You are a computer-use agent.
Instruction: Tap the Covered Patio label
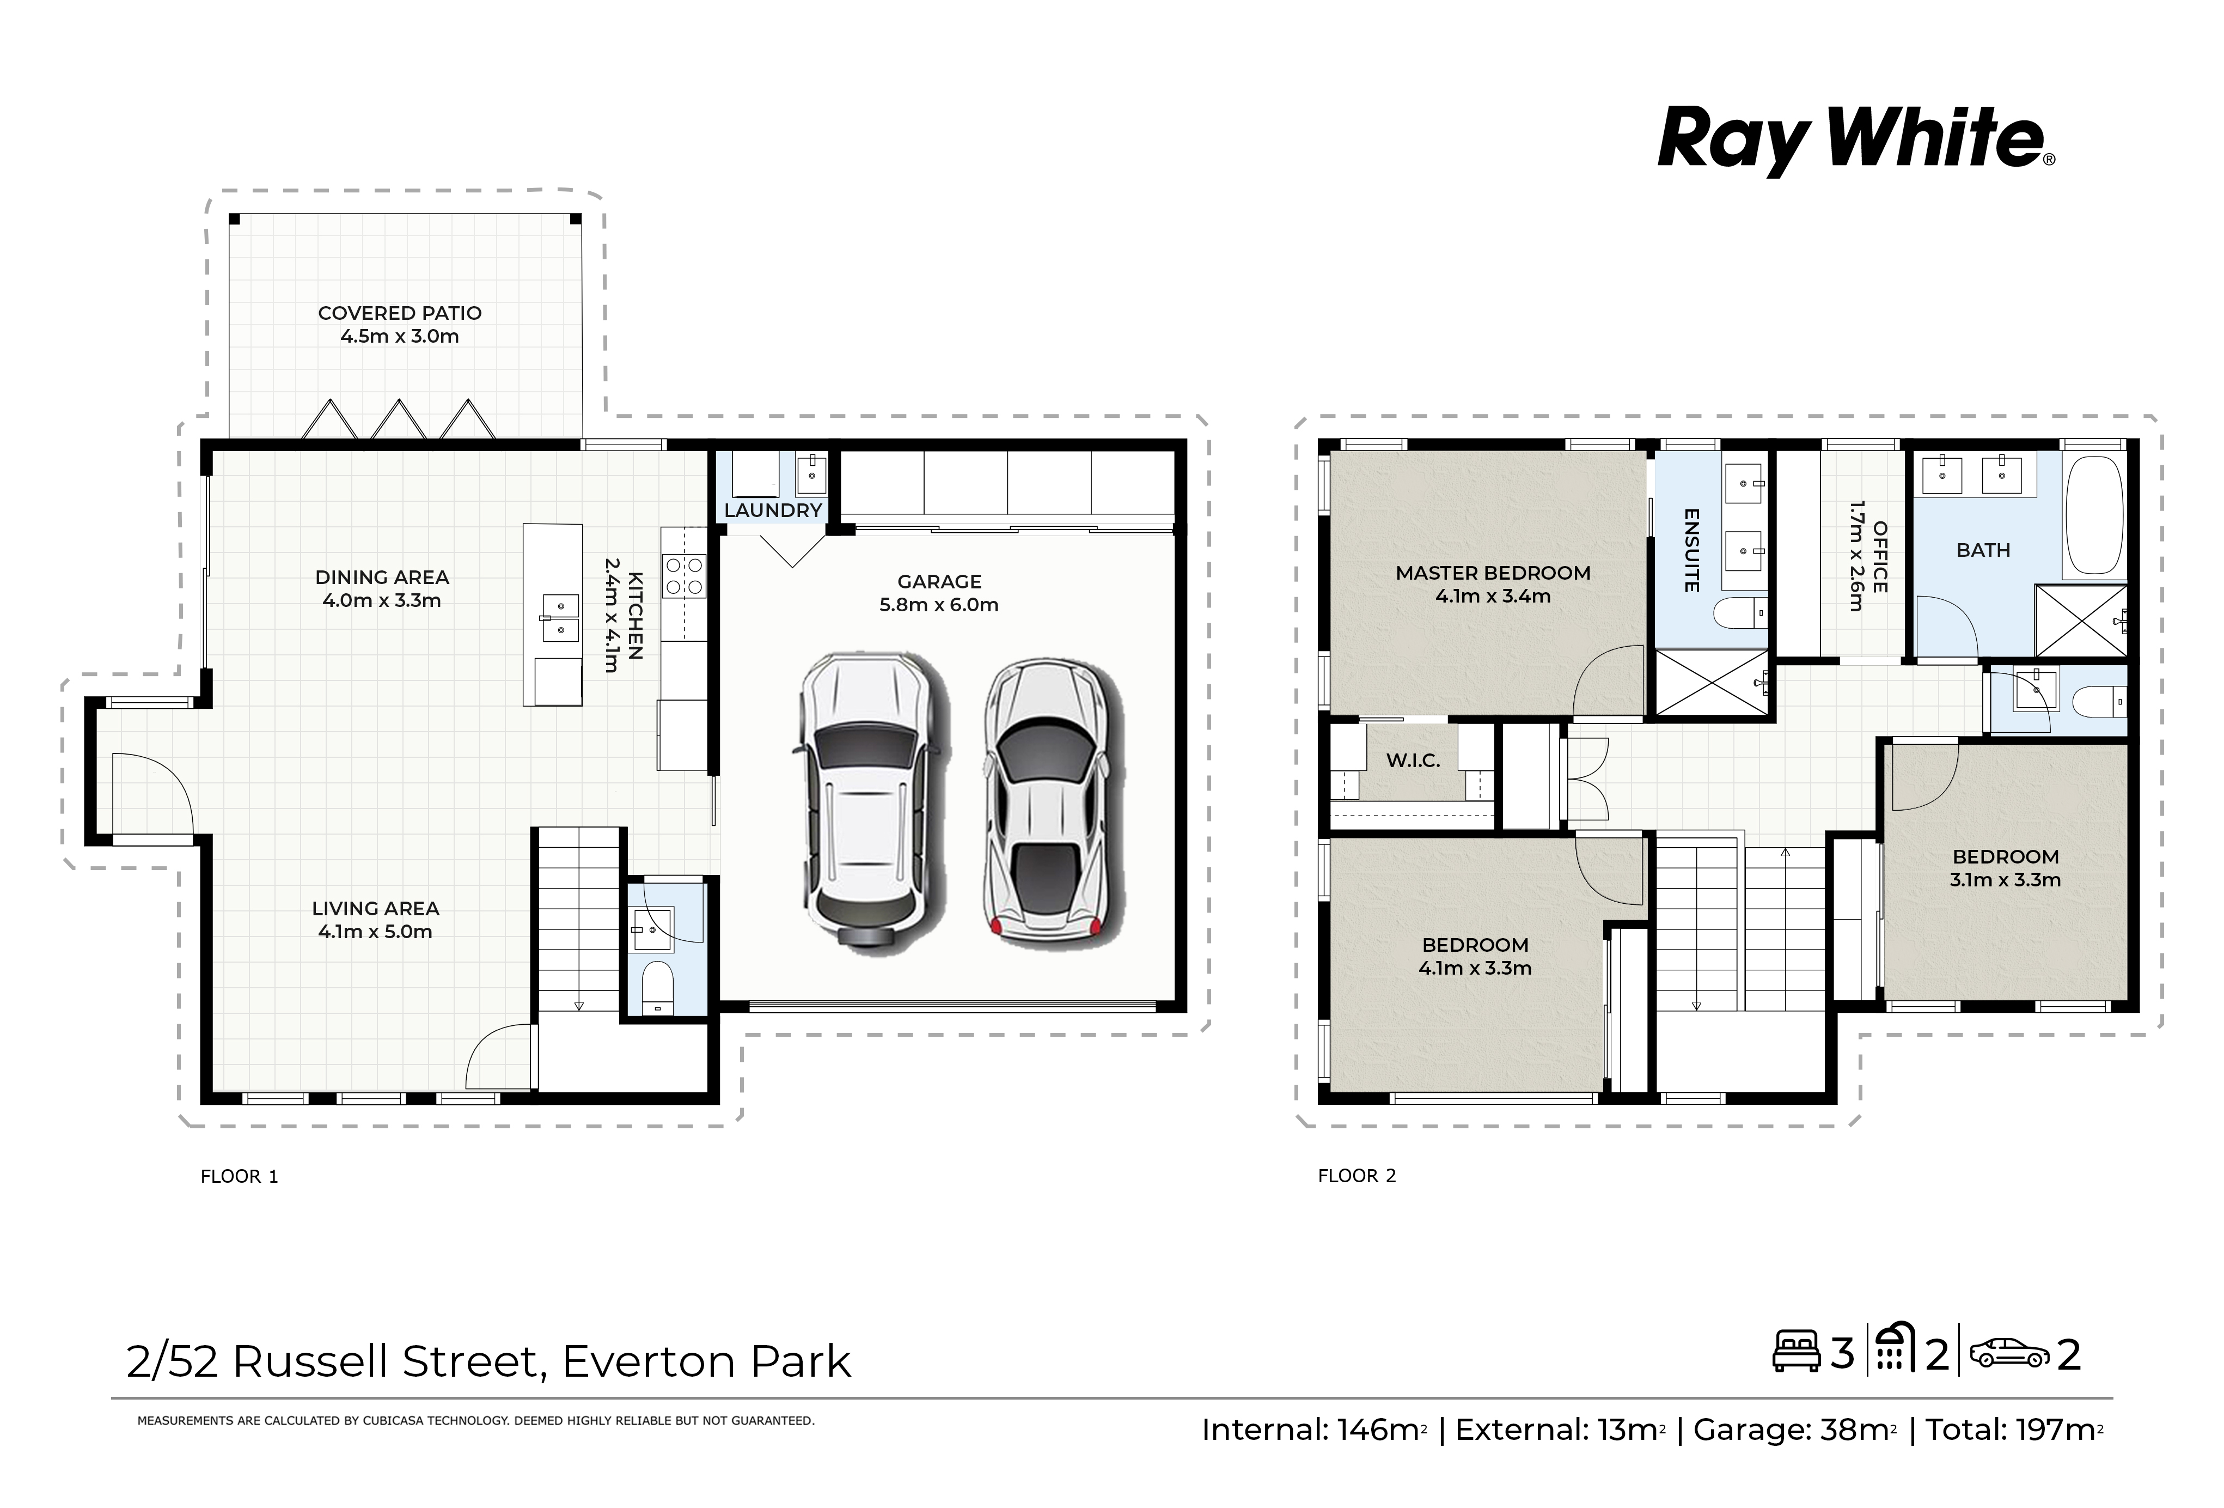400,313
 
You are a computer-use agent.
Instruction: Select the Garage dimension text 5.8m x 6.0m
939,605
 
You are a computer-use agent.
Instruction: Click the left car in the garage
866,799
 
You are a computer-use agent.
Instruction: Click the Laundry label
773,510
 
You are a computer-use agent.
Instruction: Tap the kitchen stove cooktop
684,576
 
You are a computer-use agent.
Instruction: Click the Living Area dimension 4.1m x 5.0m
375,932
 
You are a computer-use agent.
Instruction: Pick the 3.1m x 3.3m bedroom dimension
2005,880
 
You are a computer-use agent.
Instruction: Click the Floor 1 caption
239,1177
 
